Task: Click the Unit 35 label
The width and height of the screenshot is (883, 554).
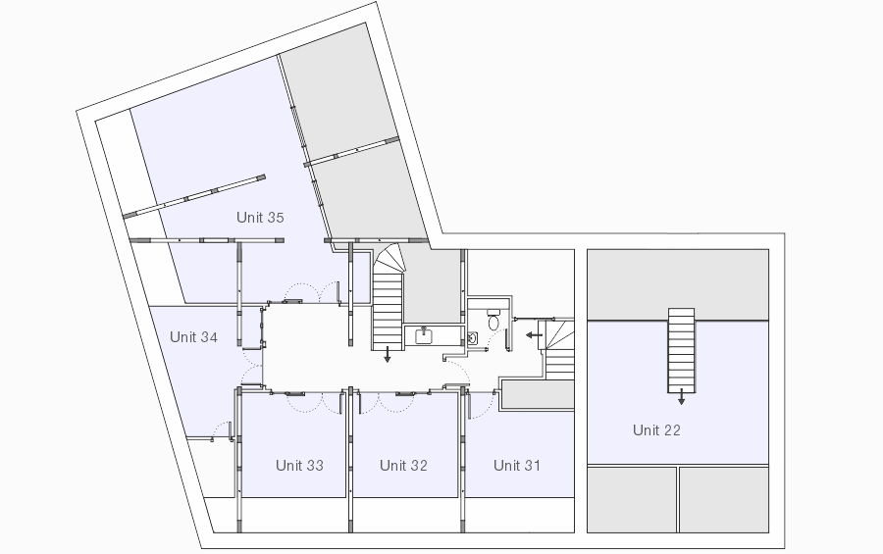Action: tap(260, 218)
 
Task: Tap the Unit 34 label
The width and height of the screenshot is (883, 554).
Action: tap(193, 336)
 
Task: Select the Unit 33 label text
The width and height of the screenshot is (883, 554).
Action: tap(299, 465)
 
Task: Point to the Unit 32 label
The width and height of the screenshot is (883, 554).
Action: tap(403, 465)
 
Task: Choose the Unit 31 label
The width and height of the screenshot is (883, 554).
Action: tap(517, 465)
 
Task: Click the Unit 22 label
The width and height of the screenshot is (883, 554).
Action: tap(656, 430)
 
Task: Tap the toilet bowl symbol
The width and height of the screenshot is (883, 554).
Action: tap(493, 323)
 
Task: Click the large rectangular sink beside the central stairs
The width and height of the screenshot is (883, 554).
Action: tap(424, 336)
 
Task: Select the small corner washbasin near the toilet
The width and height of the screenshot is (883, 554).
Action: tap(473, 338)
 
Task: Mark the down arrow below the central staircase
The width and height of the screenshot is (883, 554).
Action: tap(387, 355)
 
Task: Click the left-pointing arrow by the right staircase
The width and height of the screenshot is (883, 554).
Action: tap(534, 335)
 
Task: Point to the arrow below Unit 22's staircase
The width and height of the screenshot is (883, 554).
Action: tap(682, 397)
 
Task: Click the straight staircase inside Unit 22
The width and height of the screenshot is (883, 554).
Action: tap(682, 350)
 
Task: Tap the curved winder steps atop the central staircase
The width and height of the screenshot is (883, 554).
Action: tap(390, 260)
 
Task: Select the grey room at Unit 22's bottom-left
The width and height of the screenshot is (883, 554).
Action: tap(632, 499)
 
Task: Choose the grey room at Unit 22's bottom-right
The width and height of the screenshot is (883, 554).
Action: tap(724, 499)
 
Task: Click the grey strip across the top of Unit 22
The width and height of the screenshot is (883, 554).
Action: tap(678, 285)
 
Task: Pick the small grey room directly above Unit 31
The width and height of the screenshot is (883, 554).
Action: tap(538, 395)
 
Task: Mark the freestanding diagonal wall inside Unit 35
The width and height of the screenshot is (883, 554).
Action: tap(194, 196)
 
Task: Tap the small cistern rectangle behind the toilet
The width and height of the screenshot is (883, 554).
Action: tap(493, 312)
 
